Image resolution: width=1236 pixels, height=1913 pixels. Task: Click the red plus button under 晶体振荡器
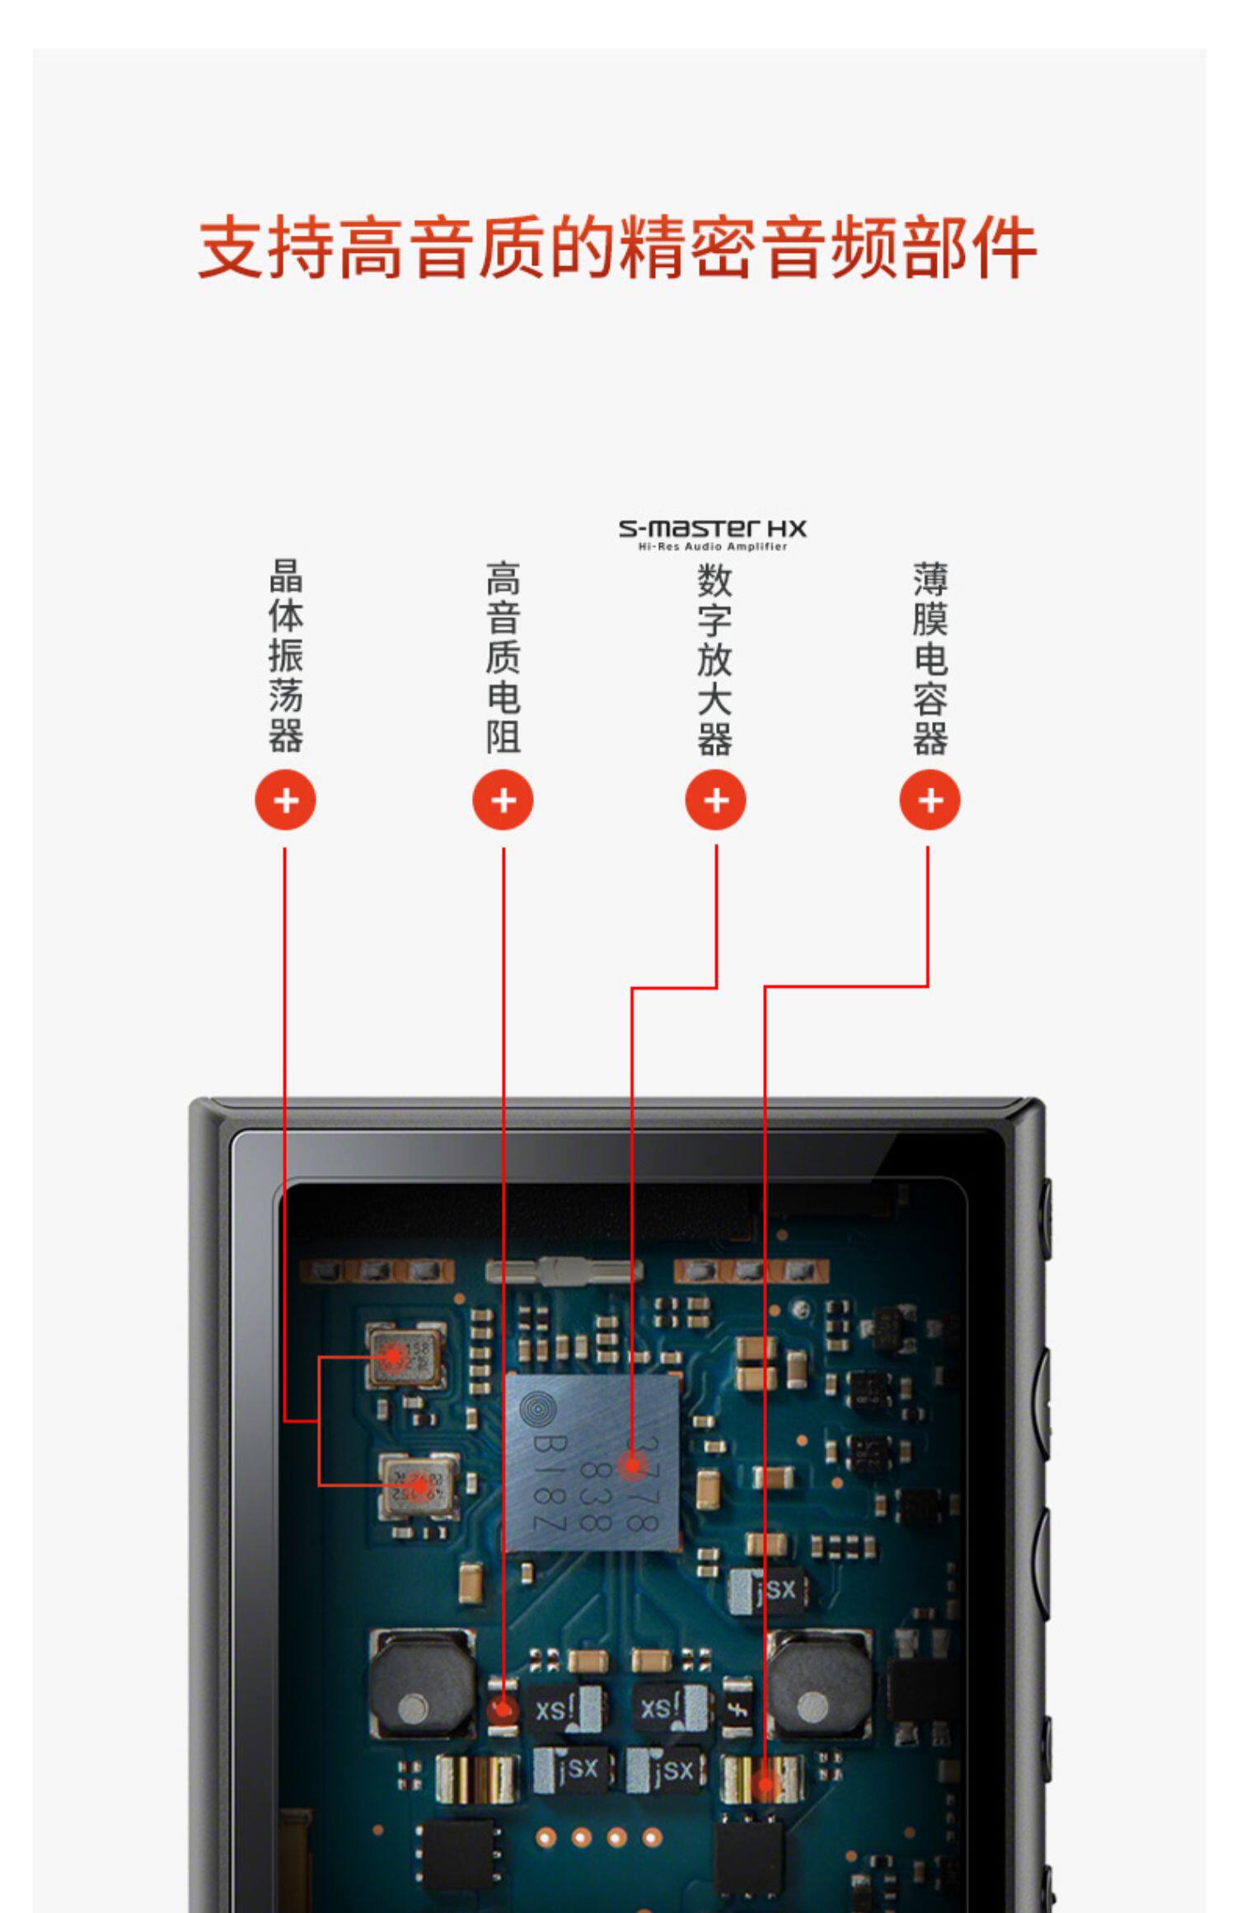click(285, 800)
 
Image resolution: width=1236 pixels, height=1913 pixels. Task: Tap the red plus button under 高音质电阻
click(503, 800)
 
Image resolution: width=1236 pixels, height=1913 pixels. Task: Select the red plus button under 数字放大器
click(715, 800)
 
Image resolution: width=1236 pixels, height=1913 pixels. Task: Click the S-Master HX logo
click(713, 533)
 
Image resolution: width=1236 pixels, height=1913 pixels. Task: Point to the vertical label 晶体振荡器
click(286, 656)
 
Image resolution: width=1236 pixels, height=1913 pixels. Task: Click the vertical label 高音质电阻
click(503, 657)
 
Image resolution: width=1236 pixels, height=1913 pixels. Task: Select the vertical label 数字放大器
click(714, 659)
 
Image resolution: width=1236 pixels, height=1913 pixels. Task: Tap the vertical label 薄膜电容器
click(930, 659)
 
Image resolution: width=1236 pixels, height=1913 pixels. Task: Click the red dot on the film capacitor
click(765, 1785)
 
